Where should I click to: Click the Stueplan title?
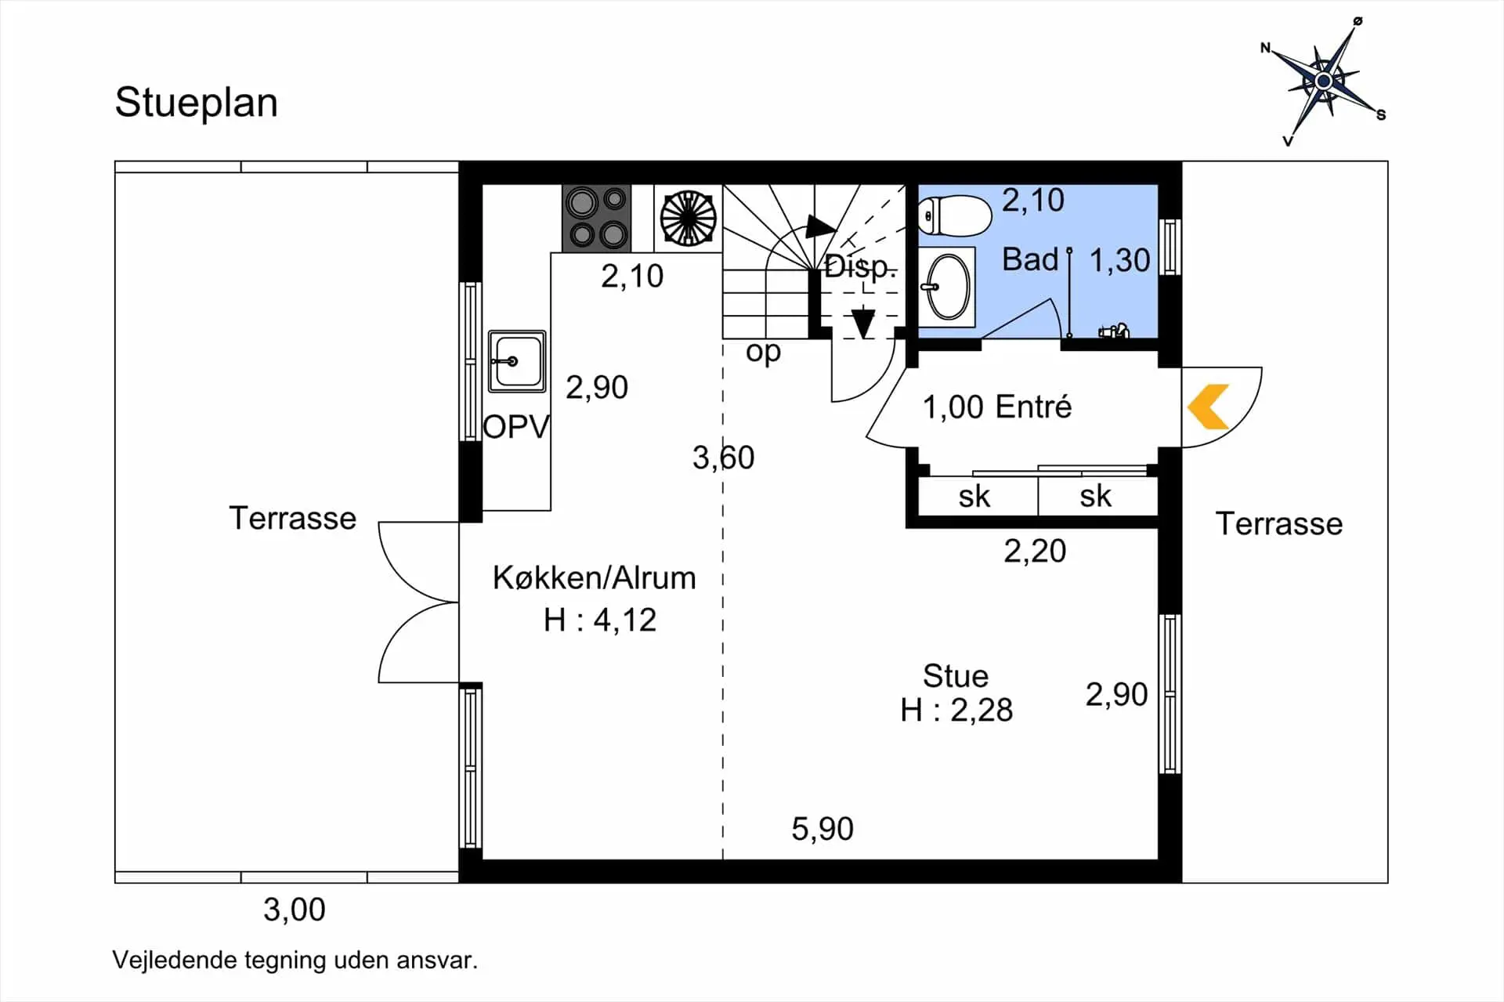(196, 103)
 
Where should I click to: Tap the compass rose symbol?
(1323, 81)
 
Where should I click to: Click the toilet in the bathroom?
(955, 215)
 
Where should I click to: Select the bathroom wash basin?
(948, 288)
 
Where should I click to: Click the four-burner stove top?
(596, 218)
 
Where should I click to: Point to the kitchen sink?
(517, 361)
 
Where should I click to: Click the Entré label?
(1033, 407)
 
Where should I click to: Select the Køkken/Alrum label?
(594, 578)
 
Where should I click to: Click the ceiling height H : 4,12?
(600, 620)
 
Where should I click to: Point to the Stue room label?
(956, 675)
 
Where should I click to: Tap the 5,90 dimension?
(822, 829)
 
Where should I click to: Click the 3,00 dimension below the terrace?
(294, 910)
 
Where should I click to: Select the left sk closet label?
(974, 497)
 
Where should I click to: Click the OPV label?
(516, 428)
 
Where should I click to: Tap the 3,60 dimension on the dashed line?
(723, 458)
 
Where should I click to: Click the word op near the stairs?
(763, 352)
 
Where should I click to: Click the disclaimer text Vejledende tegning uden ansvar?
(295, 960)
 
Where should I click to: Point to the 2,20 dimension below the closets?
(1034, 552)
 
